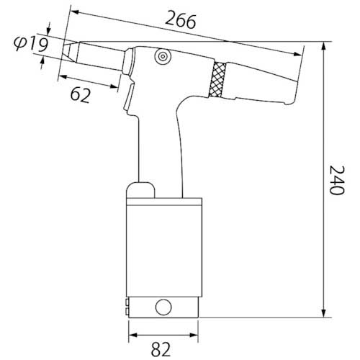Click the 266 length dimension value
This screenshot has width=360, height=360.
click(x=181, y=19)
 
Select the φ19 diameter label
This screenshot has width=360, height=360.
click(x=31, y=44)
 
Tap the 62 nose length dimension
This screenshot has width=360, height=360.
click(x=81, y=96)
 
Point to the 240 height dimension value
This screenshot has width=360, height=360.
click(x=337, y=180)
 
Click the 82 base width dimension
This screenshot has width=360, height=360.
click(x=161, y=349)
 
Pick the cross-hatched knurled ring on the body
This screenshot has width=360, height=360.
click(x=217, y=79)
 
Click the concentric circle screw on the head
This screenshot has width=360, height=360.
click(x=163, y=57)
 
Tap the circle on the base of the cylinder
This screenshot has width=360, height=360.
click(x=163, y=307)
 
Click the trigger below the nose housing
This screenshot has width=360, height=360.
click(x=130, y=96)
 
